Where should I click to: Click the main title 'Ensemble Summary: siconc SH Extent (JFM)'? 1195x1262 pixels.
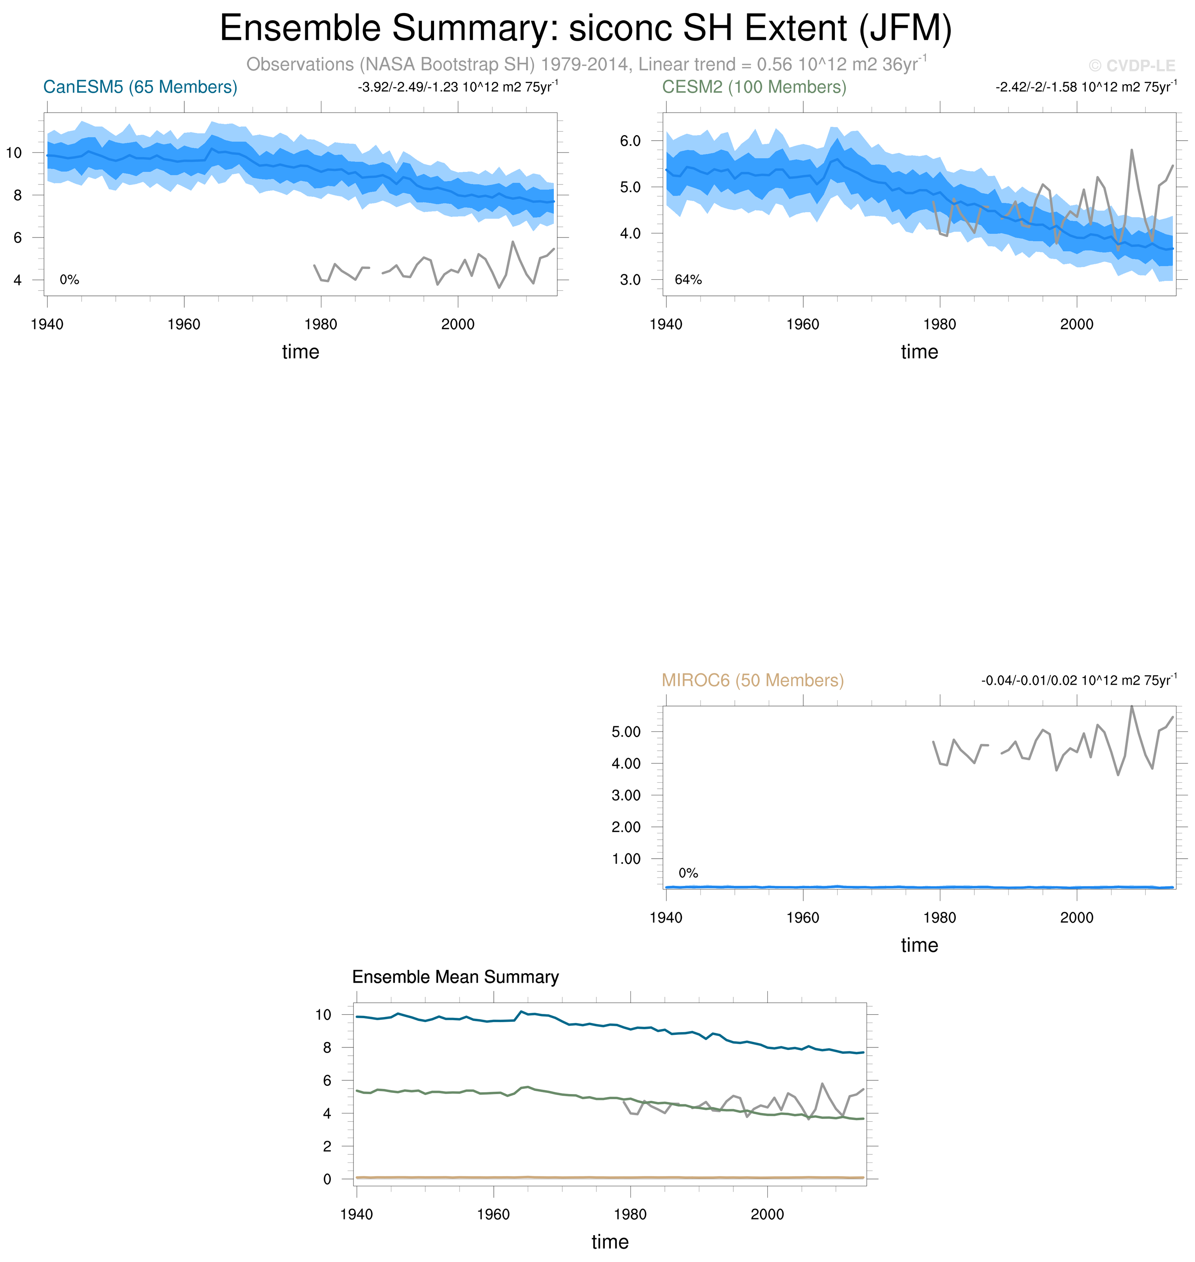(585, 29)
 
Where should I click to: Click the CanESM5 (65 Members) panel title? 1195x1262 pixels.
(140, 87)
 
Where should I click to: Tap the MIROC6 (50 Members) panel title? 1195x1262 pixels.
(752, 680)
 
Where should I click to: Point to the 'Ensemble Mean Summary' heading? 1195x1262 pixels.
(455, 977)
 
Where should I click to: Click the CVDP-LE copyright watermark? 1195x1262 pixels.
(1131, 66)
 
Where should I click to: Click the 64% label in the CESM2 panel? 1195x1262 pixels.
(688, 279)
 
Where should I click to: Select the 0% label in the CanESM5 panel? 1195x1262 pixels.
(70, 279)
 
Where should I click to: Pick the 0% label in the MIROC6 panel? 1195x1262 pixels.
(688, 873)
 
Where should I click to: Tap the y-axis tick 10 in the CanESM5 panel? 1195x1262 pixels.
(14, 153)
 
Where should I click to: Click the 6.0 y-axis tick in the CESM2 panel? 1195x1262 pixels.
(630, 141)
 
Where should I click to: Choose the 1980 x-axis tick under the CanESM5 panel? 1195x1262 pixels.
(321, 324)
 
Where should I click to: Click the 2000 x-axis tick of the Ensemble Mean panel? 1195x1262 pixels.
(767, 1214)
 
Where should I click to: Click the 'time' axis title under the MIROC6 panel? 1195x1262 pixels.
(919, 945)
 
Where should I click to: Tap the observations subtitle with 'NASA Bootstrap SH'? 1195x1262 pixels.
(586, 64)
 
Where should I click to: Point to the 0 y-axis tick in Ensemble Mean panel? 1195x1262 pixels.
(327, 1179)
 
